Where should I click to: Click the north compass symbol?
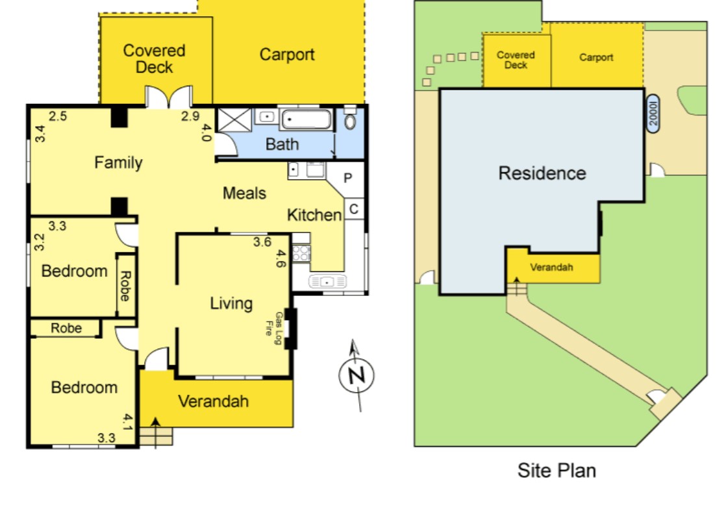point(357,375)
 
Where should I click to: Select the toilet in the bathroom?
point(350,121)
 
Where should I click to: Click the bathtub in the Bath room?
point(307,120)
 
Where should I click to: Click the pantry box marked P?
point(347,177)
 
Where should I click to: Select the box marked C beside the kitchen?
point(353,209)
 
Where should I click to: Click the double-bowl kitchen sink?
point(329,282)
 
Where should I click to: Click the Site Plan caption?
point(557,470)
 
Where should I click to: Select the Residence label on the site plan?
point(542,173)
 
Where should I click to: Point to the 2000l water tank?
point(653,114)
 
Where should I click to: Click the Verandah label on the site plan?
point(551,267)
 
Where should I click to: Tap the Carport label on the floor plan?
point(287,55)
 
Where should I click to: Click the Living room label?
point(231,303)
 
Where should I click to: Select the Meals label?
point(245,193)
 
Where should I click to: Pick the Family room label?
point(118,162)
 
